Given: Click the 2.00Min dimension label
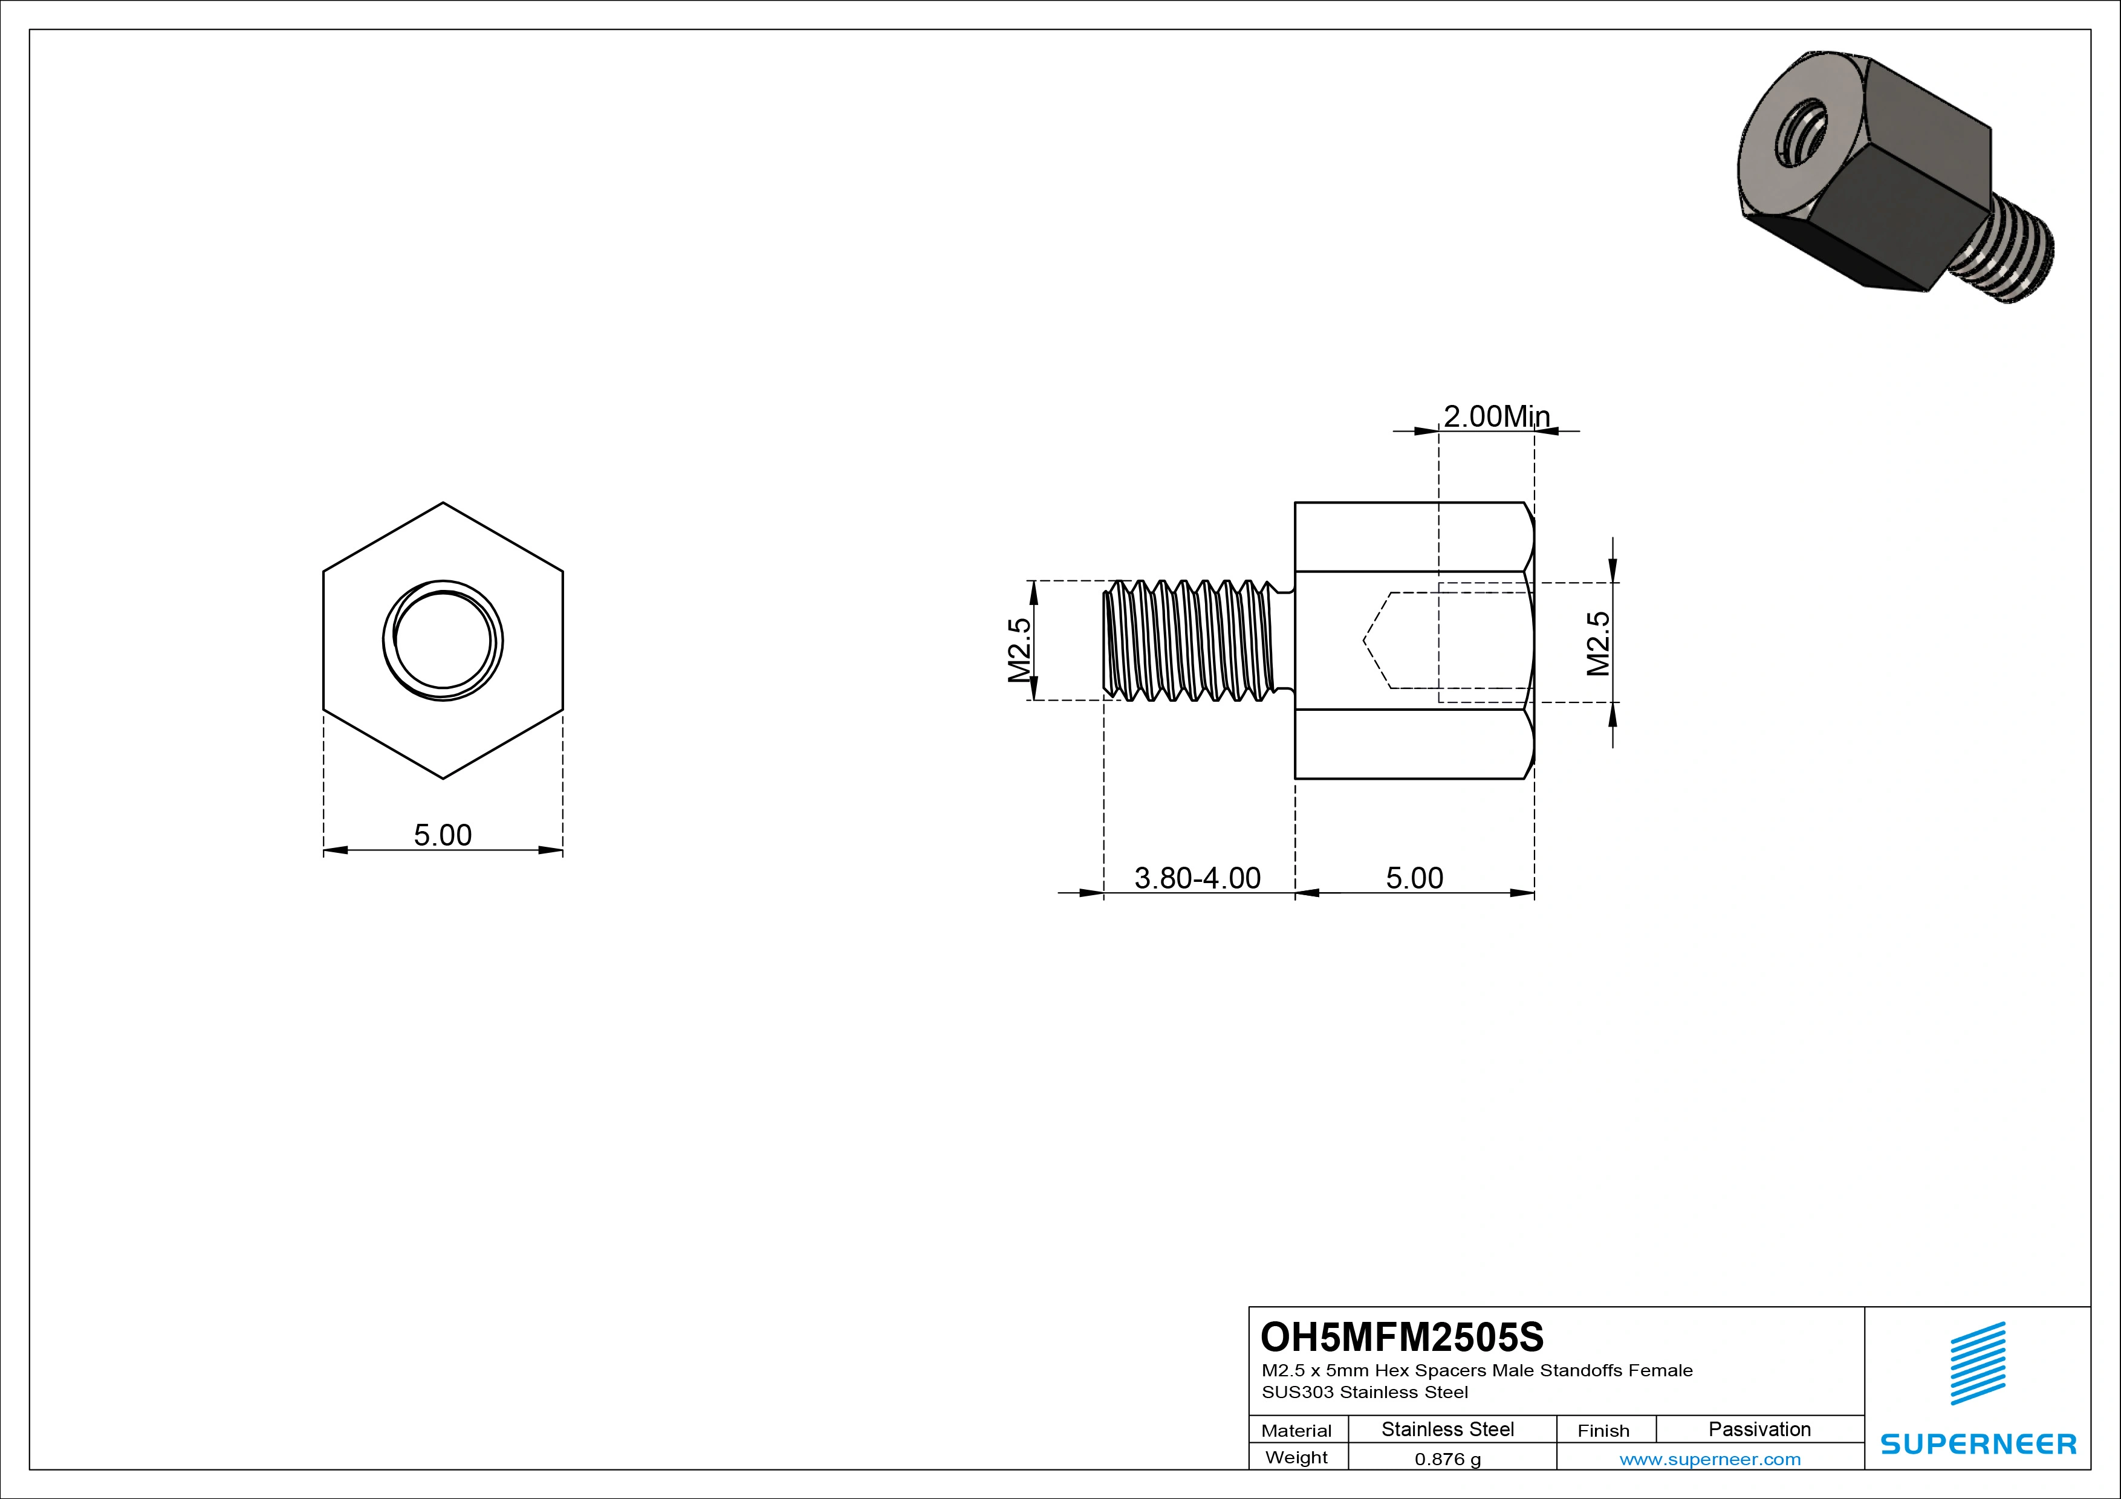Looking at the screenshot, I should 1496,416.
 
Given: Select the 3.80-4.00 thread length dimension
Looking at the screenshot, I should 1197,878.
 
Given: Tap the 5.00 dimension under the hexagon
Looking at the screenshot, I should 443,835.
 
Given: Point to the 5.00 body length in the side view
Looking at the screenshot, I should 1414,878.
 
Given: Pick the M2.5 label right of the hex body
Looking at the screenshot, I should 1598,644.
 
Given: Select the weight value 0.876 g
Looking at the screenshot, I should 1447,1459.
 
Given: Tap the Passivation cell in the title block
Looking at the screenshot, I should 1759,1429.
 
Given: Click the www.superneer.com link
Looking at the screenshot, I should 1710,1459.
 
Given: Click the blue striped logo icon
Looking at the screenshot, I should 1978,1363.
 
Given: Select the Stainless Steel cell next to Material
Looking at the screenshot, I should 1447,1429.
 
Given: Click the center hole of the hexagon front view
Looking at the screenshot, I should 443,640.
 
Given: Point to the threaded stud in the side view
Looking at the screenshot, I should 1192,640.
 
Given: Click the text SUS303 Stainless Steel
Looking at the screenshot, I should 1365,1392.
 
